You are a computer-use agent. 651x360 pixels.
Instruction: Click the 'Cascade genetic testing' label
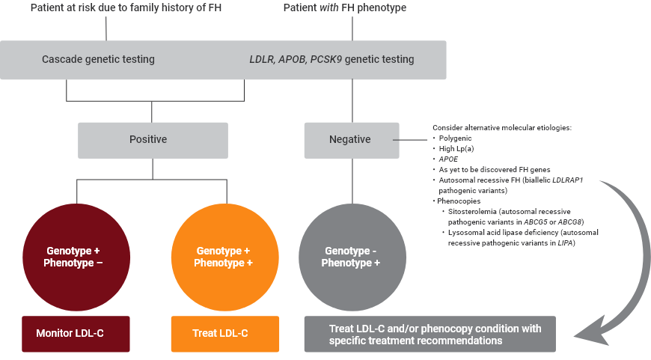98,59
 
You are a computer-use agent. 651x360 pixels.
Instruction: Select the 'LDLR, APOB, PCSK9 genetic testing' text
331,59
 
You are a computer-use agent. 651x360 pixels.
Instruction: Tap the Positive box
153,139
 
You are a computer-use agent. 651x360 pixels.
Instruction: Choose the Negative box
351,139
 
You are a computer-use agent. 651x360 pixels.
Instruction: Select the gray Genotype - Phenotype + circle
351,257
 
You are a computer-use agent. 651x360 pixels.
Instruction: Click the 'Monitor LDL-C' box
75,333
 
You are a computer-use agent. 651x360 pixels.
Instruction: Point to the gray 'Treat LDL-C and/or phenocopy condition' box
430,334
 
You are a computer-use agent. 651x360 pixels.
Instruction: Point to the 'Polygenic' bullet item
455,138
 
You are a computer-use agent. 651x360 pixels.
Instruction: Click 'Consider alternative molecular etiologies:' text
502,128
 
